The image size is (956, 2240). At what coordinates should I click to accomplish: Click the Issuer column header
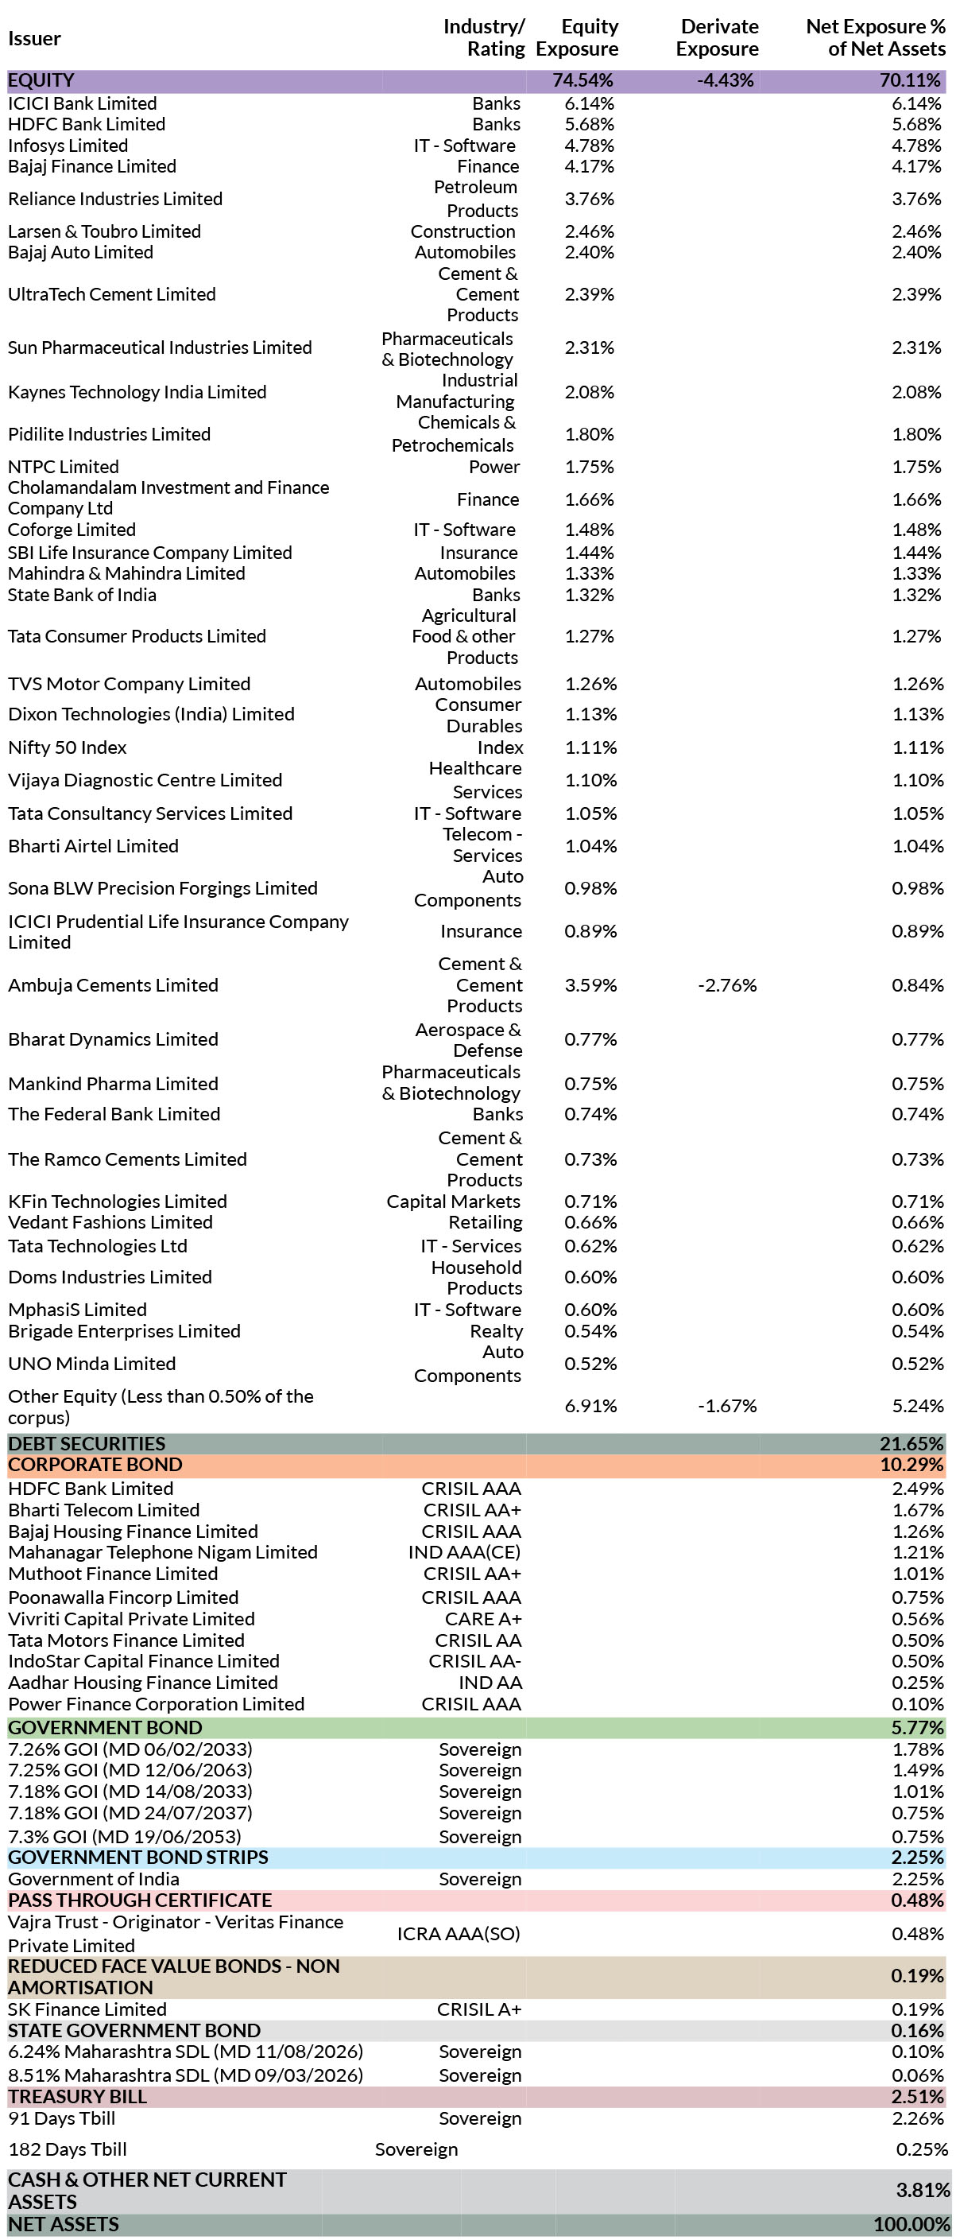(x=35, y=38)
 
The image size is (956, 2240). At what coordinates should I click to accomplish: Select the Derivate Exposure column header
(x=718, y=37)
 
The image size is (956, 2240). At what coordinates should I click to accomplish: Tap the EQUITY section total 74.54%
(x=583, y=80)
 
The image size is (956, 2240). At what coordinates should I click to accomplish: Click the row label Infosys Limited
(x=68, y=146)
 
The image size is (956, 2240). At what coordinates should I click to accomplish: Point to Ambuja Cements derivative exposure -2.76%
(x=727, y=985)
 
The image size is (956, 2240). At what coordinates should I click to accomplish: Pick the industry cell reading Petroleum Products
(x=475, y=198)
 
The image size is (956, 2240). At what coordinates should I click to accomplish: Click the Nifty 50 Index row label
(x=67, y=747)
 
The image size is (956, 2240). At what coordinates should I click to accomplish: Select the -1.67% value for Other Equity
(x=727, y=1405)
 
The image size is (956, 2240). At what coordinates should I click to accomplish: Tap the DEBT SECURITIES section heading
(x=87, y=1443)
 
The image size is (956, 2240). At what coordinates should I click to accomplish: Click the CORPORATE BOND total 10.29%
(x=911, y=1465)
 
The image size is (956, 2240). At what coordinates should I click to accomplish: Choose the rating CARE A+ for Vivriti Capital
(x=483, y=1618)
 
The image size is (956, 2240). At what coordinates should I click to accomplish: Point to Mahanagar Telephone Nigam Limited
(x=163, y=1551)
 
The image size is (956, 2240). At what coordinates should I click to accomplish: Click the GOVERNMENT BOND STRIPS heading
(x=138, y=1857)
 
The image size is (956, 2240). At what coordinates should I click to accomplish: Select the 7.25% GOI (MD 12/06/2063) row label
(x=130, y=1769)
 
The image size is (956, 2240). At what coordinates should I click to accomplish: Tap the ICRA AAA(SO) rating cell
(x=459, y=1933)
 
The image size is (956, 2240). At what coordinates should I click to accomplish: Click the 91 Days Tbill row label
(x=62, y=2118)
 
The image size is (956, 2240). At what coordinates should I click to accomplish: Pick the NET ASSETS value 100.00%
(x=911, y=2223)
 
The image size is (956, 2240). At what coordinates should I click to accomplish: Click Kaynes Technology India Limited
(x=137, y=391)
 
